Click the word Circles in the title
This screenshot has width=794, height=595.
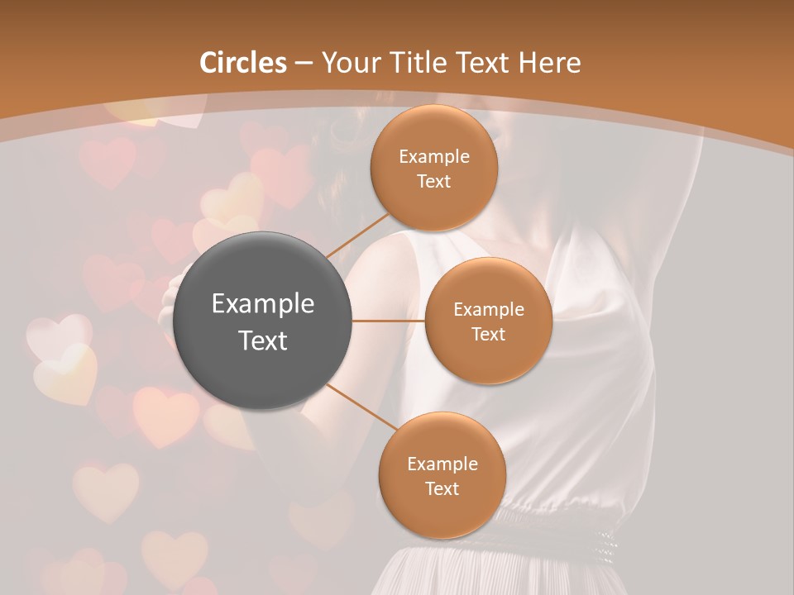point(242,63)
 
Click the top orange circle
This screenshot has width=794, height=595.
point(433,168)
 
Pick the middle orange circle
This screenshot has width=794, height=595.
point(488,321)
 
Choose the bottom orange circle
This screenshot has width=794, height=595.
point(442,475)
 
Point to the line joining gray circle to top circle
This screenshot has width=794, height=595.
point(358,234)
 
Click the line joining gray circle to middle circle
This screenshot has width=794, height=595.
point(389,321)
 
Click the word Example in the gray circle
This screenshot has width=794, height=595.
point(263,304)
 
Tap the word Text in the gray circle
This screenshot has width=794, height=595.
point(263,340)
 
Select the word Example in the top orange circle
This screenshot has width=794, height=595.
point(433,156)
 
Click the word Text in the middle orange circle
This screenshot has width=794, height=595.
point(488,334)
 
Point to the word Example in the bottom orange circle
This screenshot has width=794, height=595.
point(442,464)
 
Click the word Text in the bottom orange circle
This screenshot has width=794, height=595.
point(442,488)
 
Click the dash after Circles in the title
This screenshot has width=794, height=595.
point(304,64)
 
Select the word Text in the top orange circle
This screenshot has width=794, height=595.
point(433,181)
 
